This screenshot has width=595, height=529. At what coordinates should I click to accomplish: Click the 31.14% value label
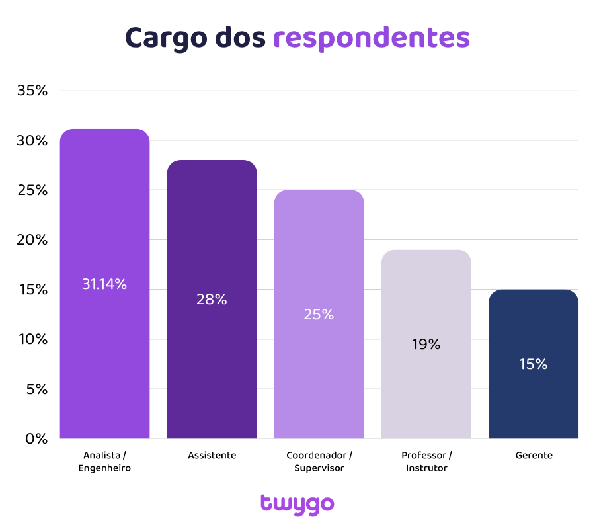[104, 284]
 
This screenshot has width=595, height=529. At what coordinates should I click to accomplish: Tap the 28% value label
[212, 299]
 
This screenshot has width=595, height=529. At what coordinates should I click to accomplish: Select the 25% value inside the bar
[319, 315]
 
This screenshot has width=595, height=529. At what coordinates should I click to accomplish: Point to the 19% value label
[426, 345]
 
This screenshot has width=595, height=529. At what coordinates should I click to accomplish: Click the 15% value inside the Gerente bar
[533, 364]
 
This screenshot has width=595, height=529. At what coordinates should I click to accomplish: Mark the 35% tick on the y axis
[32, 91]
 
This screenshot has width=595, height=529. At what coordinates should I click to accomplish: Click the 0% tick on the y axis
[36, 438]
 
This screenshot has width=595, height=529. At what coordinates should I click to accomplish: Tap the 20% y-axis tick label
[32, 240]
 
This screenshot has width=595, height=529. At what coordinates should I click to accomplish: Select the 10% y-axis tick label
[32, 339]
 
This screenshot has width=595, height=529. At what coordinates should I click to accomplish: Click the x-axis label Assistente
[212, 456]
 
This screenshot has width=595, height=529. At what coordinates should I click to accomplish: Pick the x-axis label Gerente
[533, 456]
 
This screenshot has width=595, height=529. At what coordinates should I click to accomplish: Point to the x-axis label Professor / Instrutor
[426, 462]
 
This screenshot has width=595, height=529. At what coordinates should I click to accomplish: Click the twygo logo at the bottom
[297, 504]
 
